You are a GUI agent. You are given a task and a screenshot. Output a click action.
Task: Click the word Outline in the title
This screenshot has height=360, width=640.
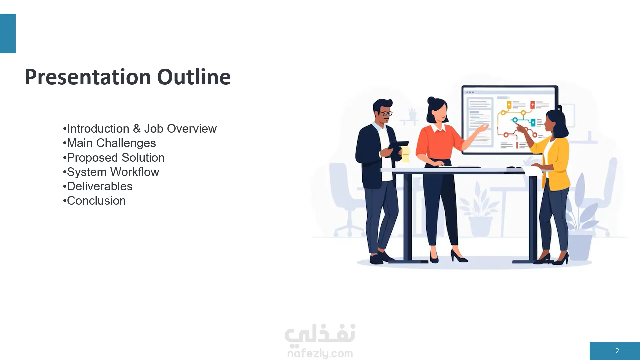(x=194, y=77)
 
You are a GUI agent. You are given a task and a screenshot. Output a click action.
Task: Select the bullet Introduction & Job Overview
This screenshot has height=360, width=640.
(x=140, y=129)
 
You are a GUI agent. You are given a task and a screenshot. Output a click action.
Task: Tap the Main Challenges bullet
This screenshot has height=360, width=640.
(x=109, y=143)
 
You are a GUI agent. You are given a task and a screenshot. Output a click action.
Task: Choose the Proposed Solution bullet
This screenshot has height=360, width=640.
(x=114, y=158)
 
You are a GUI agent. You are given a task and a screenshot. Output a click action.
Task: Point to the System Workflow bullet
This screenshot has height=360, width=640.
(x=111, y=172)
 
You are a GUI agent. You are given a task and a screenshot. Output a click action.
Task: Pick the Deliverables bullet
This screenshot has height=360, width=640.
(x=98, y=186)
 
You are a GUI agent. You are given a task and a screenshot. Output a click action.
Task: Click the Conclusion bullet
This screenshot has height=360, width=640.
(x=94, y=201)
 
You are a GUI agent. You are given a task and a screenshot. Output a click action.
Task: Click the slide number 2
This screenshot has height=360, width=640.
(x=617, y=351)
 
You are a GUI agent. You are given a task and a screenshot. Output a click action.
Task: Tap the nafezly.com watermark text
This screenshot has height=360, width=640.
(x=320, y=353)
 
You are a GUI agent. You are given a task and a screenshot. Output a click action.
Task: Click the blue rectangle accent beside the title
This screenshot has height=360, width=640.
(x=8, y=33)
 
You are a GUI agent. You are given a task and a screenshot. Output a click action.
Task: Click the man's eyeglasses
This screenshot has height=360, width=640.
(x=386, y=113)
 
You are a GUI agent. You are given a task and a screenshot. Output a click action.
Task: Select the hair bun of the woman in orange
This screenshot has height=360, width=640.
(x=431, y=100)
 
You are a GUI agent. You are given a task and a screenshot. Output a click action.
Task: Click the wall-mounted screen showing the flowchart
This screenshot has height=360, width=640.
(x=509, y=120)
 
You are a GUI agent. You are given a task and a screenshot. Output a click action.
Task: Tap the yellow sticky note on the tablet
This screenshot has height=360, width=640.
(x=405, y=154)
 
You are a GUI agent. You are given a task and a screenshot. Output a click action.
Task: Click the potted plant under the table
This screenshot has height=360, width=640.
(x=479, y=213)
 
